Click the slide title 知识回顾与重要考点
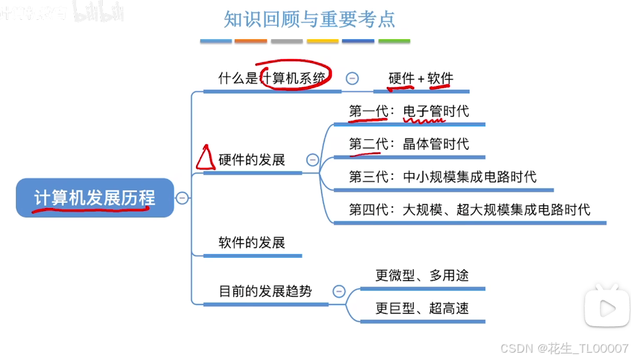click(310, 19)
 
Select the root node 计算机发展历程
click(95, 198)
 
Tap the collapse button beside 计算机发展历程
click(182, 198)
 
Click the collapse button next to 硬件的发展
click(312, 160)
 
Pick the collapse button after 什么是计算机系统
click(353, 78)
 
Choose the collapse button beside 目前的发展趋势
click(339, 291)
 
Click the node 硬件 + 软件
click(420, 78)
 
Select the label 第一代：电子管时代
click(409, 111)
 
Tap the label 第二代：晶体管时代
click(409, 144)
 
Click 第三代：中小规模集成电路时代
click(443, 177)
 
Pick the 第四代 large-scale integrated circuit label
click(469, 210)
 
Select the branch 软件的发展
click(252, 243)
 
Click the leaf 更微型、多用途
click(422, 275)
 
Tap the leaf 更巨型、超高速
click(422, 308)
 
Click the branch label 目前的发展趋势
click(265, 291)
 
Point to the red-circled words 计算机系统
click(295, 78)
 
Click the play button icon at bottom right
click(606, 308)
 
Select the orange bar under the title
click(251, 41)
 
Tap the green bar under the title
click(394, 41)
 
